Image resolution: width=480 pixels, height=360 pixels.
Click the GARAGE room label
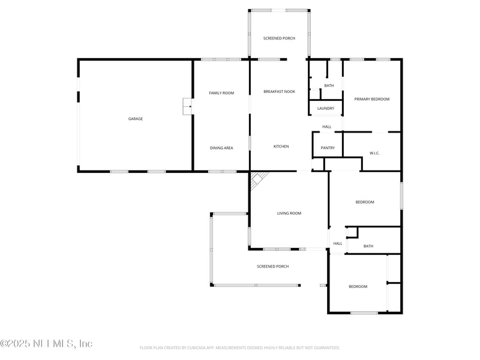click(x=135, y=119)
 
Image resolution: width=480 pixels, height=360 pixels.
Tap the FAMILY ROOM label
click(x=221, y=93)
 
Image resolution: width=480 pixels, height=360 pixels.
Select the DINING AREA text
click(x=221, y=148)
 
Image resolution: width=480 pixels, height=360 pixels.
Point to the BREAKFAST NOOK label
click(x=279, y=92)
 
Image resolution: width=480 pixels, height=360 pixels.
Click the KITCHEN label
click(x=281, y=146)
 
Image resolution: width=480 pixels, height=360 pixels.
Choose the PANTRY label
click(x=328, y=148)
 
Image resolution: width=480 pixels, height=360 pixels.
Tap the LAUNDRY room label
click(x=326, y=108)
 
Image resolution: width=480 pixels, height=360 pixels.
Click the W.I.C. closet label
click(x=374, y=153)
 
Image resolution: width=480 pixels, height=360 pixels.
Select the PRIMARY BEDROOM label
click(x=371, y=99)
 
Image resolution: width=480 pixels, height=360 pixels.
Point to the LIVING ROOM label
click(x=289, y=213)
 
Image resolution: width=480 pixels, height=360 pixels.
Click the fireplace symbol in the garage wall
click(x=187, y=107)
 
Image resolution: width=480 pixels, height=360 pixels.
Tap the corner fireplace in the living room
click(x=259, y=179)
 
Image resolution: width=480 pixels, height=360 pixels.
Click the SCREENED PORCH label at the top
click(x=279, y=38)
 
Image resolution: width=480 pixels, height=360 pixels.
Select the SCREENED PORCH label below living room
click(x=272, y=266)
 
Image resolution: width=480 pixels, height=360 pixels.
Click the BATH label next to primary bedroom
click(x=329, y=86)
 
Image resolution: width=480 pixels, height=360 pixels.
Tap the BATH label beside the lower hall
click(x=368, y=246)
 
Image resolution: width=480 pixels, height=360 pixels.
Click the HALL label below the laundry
click(x=326, y=127)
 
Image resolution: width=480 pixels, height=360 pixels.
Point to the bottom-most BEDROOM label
click(x=358, y=287)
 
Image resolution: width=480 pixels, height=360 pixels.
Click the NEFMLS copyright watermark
click(x=46, y=344)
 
